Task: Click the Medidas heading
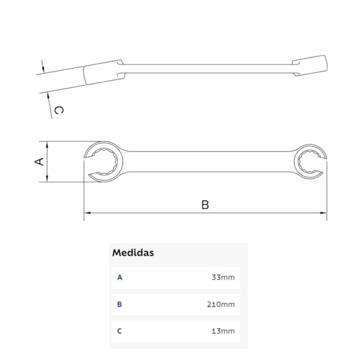[133, 253]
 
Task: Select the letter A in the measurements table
[120, 277]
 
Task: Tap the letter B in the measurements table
[120, 304]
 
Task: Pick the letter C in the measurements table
[120, 331]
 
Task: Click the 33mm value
[223, 277]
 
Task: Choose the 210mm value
[221, 304]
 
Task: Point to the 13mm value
[223, 331]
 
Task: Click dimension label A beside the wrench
[39, 161]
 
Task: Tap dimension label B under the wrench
[205, 204]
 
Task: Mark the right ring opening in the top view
[308, 161]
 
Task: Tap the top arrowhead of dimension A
[48, 144]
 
